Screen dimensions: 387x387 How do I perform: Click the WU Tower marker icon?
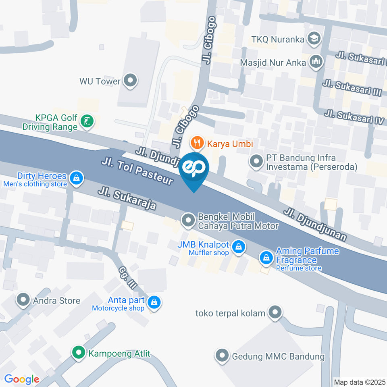[x=130, y=81]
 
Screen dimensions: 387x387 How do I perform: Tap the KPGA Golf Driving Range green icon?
[x=87, y=121]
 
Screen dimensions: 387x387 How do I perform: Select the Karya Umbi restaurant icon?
[x=197, y=143]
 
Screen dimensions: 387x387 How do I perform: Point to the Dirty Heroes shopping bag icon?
[x=75, y=177]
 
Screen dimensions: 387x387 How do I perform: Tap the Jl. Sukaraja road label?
[x=127, y=198]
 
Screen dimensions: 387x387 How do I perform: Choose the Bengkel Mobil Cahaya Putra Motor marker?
[x=187, y=221]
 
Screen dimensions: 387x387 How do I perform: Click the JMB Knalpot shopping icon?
[x=239, y=247]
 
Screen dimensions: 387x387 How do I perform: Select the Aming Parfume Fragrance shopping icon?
[x=266, y=257]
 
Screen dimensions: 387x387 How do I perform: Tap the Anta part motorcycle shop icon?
[x=154, y=302]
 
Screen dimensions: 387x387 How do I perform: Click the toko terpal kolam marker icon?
[x=275, y=312]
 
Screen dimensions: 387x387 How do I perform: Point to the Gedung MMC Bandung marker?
[x=222, y=356]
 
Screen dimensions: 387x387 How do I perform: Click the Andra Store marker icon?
[x=23, y=300]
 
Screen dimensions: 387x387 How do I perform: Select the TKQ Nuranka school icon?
[x=313, y=39]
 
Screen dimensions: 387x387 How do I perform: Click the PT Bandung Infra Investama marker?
[x=256, y=162]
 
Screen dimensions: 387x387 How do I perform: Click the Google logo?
[x=21, y=379]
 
